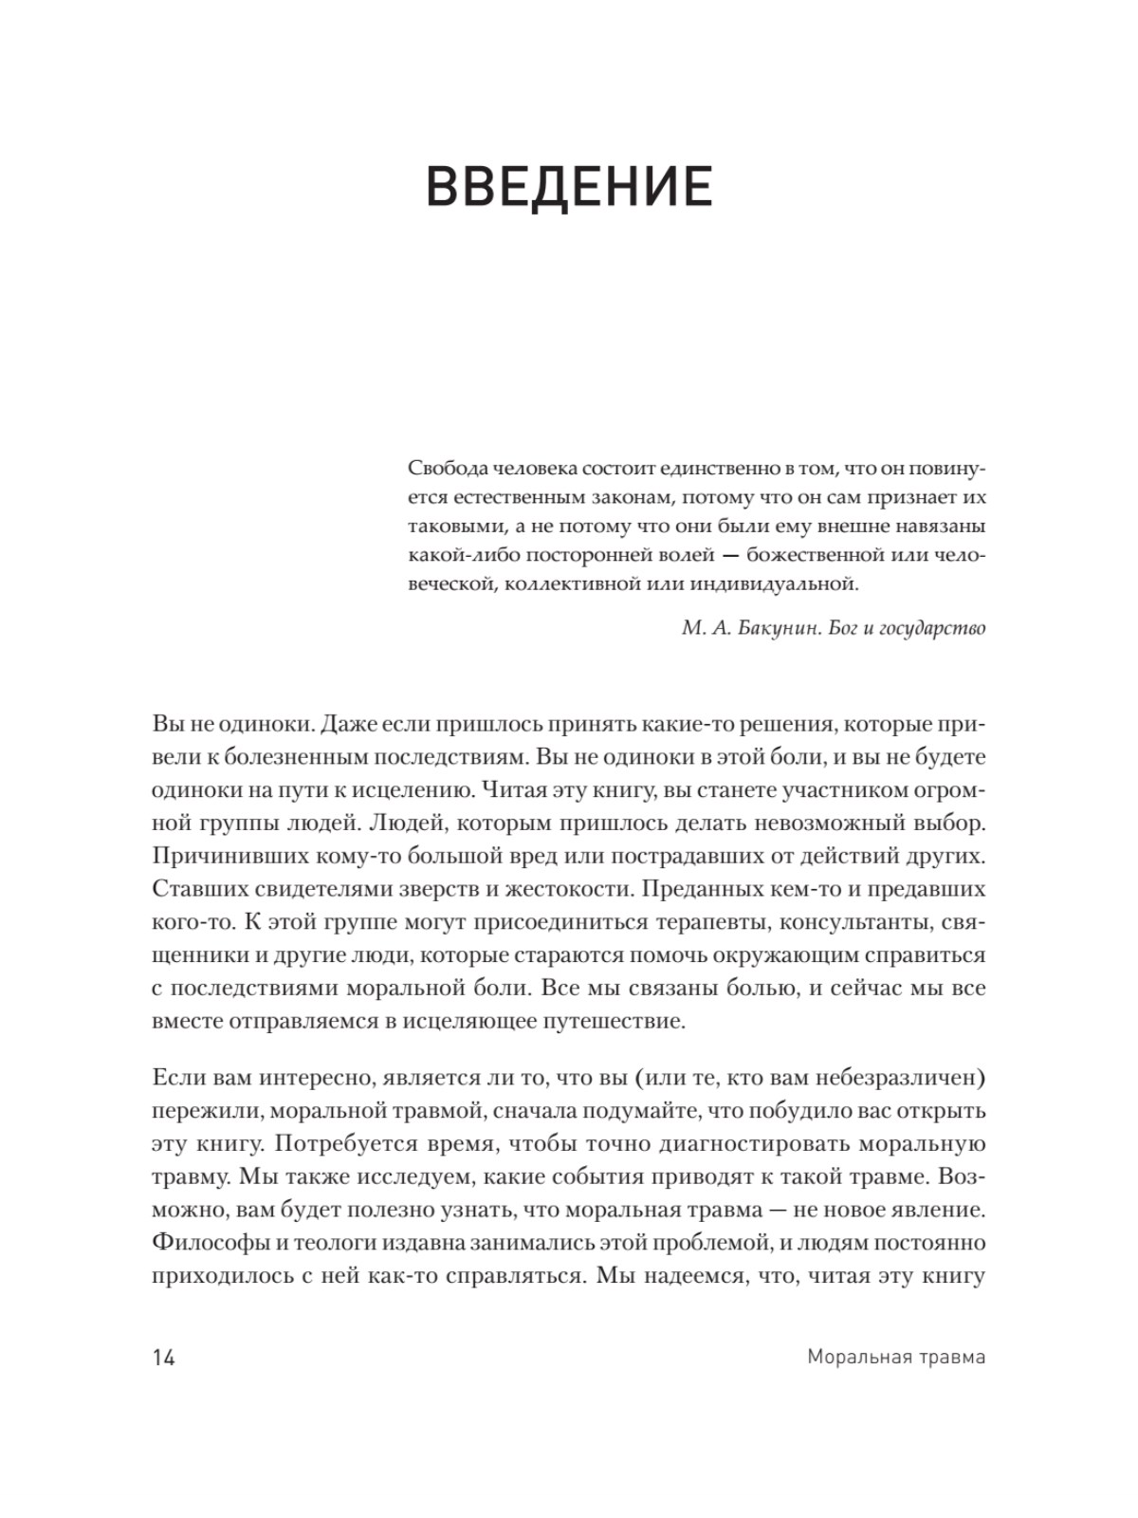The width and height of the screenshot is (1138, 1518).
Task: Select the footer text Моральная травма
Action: click(x=896, y=1357)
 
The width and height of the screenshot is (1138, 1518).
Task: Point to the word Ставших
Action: click(x=194, y=888)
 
